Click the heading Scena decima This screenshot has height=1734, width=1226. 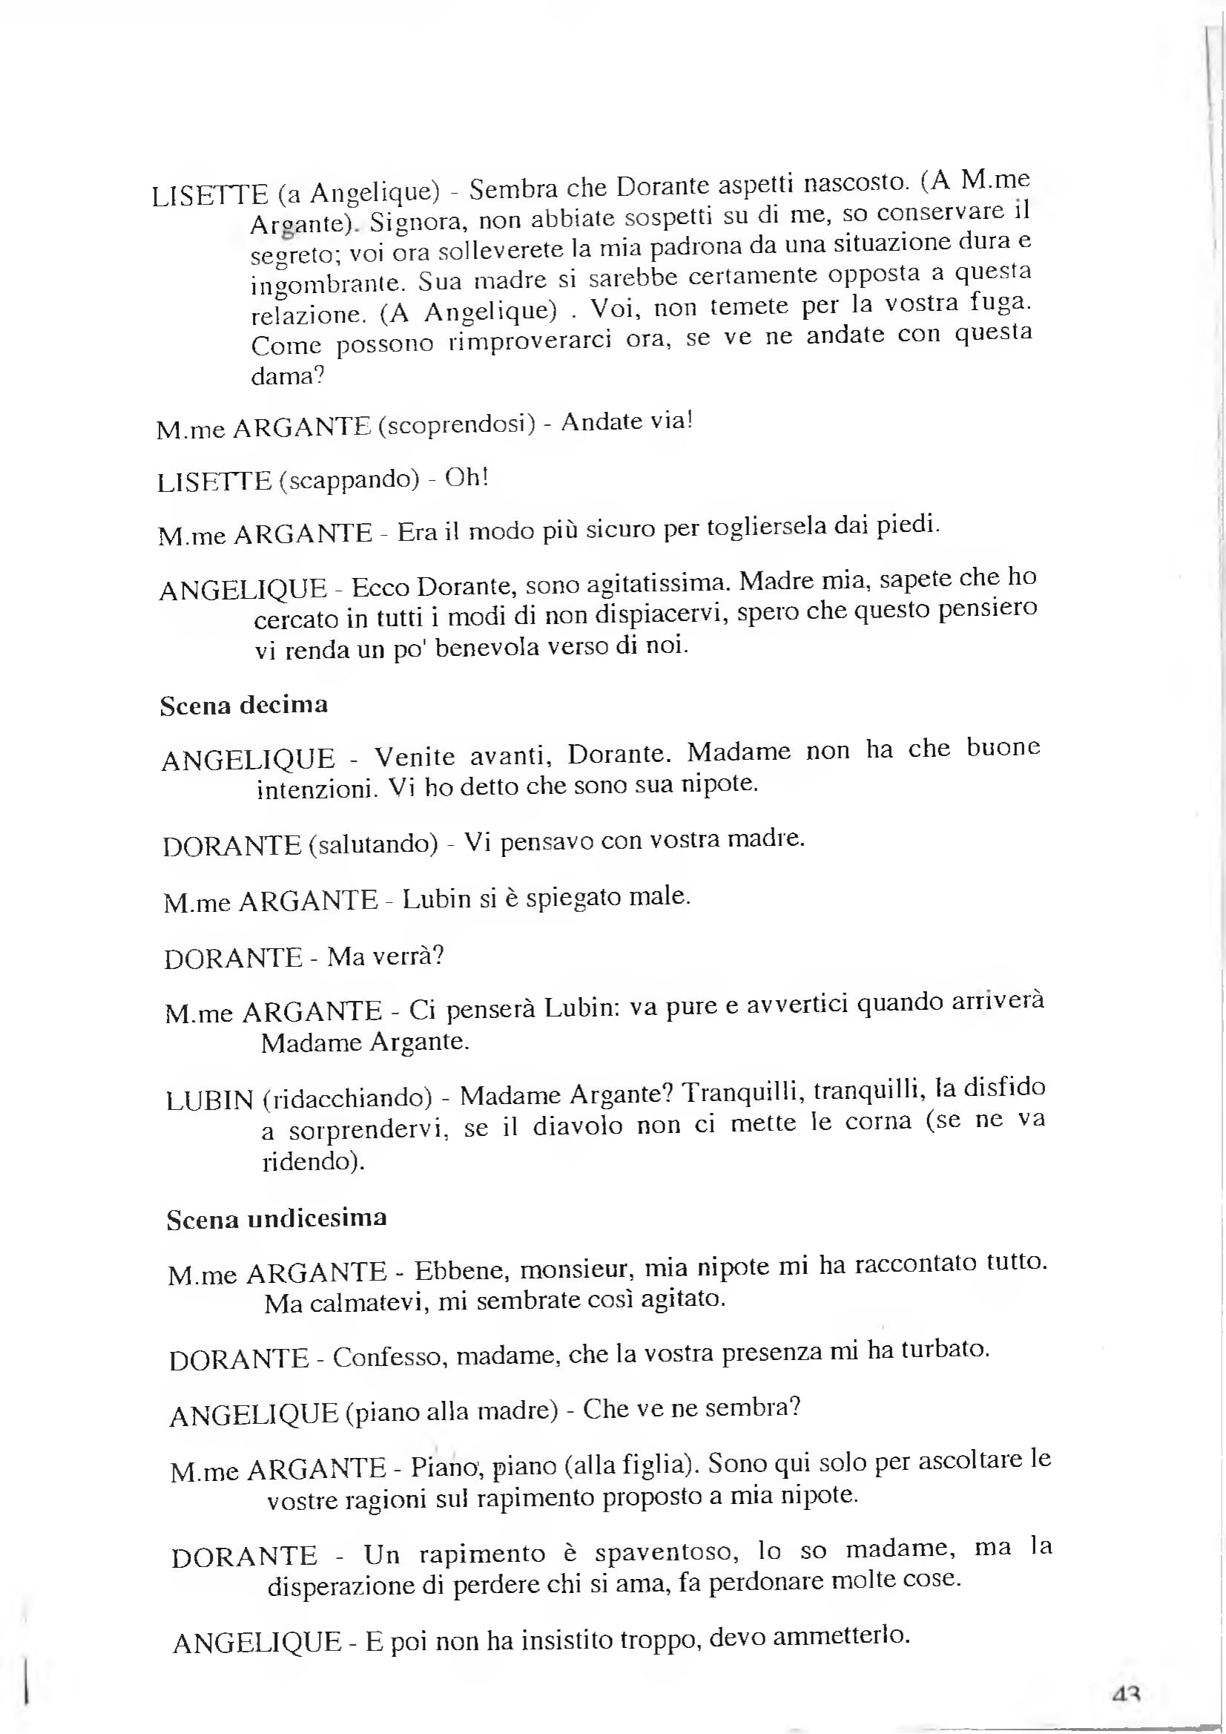pyautogui.click(x=244, y=706)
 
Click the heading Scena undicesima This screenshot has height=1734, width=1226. pyautogui.click(x=277, y=1218)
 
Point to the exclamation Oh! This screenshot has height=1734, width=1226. pyautogui.click(x=467, y=477)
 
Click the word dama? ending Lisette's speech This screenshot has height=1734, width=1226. pyautogui.click(x=288, y=375)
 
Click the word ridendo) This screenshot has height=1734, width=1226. pyautogui.click(x=313, y=1160)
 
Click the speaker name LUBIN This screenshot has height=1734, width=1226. pyautogui.click(x=209, y=1100)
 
